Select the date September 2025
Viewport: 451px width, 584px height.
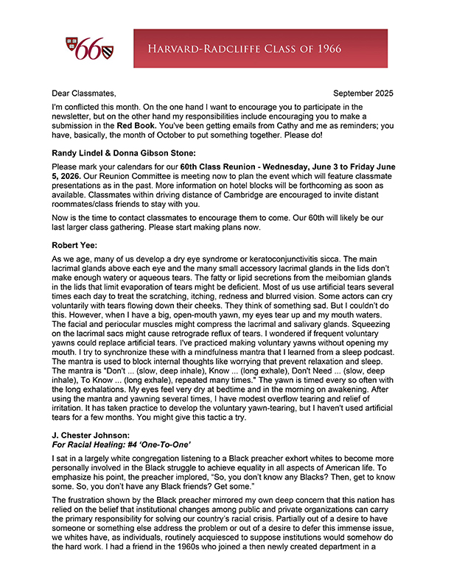click(x=363, y=94)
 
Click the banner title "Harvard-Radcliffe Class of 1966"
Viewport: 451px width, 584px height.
click(x=262, y=49)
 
